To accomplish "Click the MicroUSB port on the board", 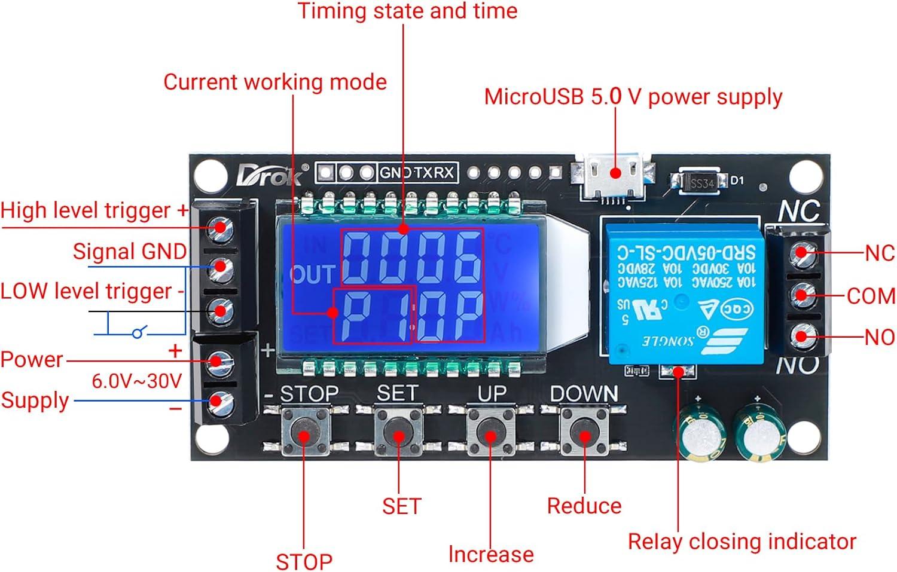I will tap(615, 175).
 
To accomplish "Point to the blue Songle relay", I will tap(682, 292).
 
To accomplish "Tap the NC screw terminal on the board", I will tap(800, 253).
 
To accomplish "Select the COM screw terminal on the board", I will tap(800, 295).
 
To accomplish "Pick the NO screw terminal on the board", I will tap(800, 336).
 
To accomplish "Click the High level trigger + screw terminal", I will tap(219, 227).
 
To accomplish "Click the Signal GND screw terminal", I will tap(219, 268).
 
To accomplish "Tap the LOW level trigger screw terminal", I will tap(219, 310).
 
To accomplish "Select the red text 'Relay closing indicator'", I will tap(742, 542).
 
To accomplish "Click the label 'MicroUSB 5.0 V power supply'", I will tap(633, 97).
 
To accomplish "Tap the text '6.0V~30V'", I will tap(136, 381).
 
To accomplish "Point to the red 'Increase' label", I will tap(490, 554).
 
